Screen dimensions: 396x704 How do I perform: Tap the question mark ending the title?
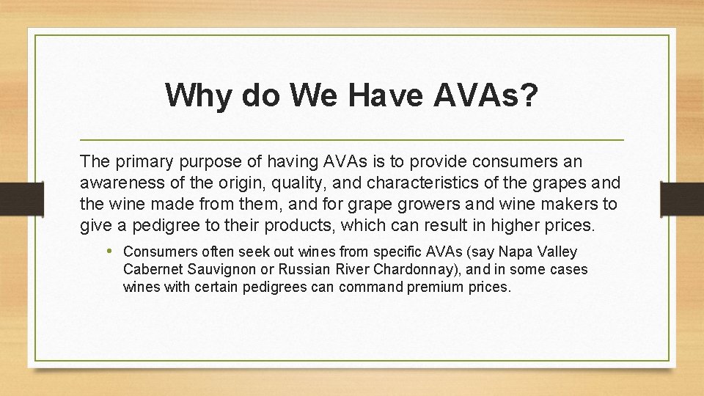point(527,95)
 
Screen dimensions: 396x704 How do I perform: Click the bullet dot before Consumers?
point(110,252)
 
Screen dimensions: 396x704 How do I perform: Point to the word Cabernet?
point(151,269)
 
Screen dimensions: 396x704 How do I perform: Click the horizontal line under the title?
point(351,139)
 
